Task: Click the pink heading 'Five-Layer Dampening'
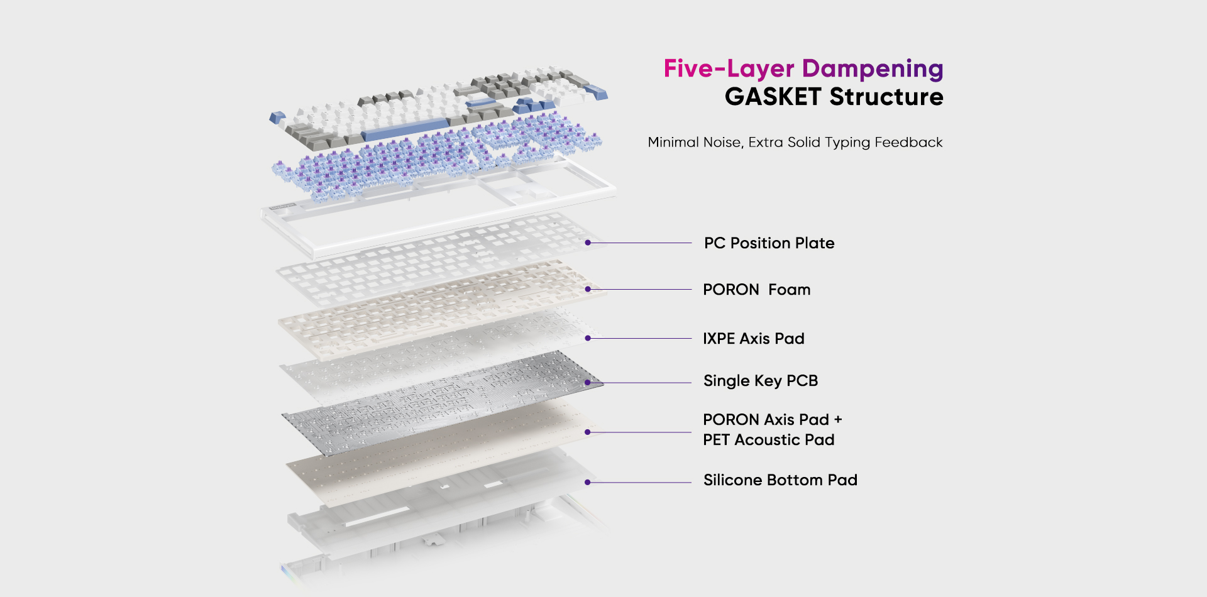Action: click(x=803, y=69)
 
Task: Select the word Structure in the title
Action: click(x=886, y=97)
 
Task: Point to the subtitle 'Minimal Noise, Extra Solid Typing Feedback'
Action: click(x=795, y=143)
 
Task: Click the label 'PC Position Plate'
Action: click(x=769, y=243)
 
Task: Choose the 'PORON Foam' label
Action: click(x=756, y=290)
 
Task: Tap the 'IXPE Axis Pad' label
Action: click(x=753, y=339)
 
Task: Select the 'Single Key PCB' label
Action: click(x=760, y=381)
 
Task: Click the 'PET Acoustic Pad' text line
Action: click(x=768, y=440)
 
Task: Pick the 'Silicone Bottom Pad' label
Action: click(x=780, y=480)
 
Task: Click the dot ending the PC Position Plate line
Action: click(x=588, y=243)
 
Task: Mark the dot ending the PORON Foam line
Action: click(x=588, y=289)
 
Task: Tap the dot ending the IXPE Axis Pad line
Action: click(x=588, y=338)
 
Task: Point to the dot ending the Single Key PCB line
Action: click(x=588, y=382)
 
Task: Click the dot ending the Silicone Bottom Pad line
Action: click(x=588, y=482)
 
